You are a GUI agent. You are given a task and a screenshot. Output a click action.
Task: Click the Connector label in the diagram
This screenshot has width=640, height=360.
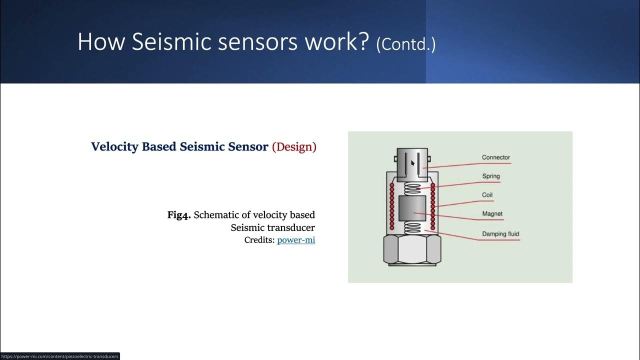click(x=495, y=157)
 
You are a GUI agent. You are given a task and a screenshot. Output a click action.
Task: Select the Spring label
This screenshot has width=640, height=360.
click(x=490, y=176)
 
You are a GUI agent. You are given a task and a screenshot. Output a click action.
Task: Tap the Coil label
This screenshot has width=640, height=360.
click(x=487, y=195)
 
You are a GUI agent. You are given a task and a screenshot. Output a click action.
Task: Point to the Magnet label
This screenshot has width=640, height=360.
click(x=492, y=214)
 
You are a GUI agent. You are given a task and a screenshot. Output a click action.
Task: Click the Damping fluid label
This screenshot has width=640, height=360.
click(x=500, y=234)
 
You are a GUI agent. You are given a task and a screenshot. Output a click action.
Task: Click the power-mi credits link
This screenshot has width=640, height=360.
click(x=296, y=240)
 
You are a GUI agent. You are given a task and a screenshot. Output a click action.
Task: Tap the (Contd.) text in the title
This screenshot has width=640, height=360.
click(x=405, y=44)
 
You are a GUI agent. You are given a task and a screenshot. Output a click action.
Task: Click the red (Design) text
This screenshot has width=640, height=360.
click(x=294, y=147)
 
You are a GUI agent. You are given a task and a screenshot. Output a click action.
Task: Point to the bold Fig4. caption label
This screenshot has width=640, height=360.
click(x=179, y=215)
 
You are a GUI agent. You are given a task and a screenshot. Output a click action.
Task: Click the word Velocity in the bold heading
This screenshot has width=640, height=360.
click(x=114, y=147)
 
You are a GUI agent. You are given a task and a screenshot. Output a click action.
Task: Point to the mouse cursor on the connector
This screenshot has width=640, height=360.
click(x=413, y=162)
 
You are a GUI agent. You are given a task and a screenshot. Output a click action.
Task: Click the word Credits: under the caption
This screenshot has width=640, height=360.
click(x=259, y=240)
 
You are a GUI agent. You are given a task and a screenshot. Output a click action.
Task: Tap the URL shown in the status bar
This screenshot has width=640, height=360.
click(x=59, y=356)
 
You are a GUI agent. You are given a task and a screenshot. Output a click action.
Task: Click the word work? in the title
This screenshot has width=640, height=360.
click(x=336, y=42)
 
